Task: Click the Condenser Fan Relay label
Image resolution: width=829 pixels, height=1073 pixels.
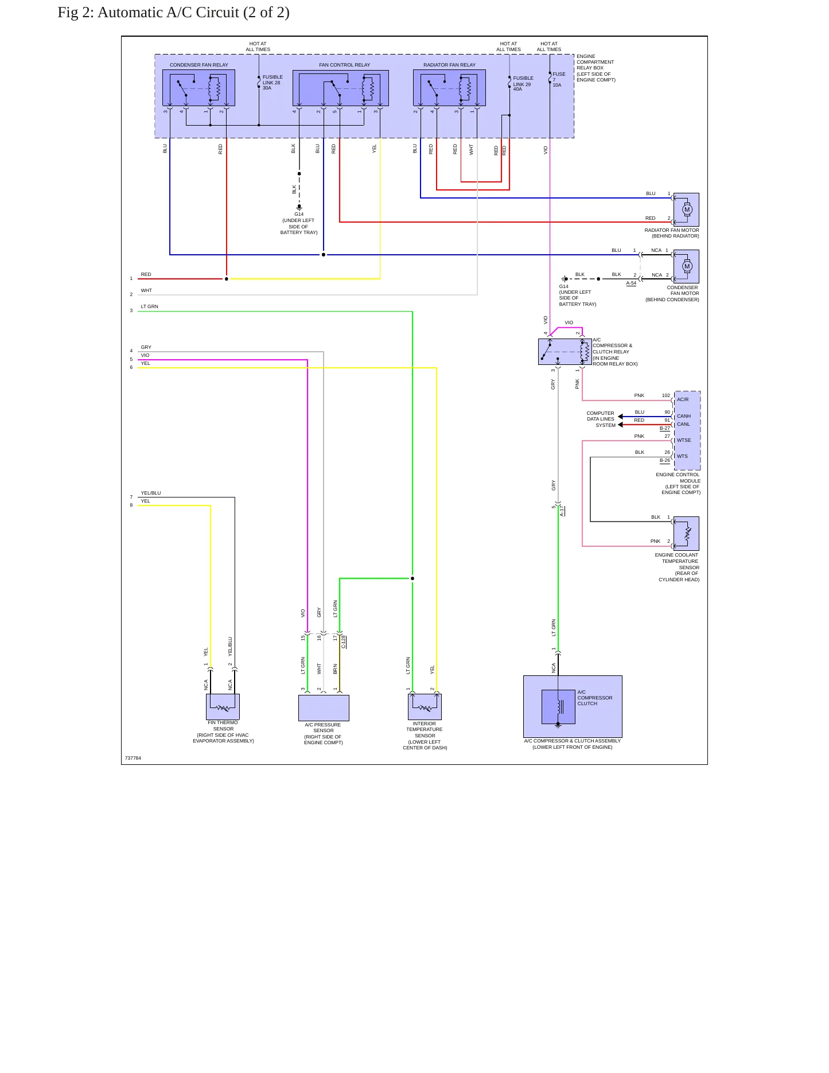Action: (199, 65)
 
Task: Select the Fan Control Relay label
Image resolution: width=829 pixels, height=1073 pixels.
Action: (344, 65)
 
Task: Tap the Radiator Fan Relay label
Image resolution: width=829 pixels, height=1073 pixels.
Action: (449, 65)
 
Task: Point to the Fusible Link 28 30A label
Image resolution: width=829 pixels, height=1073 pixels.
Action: (273, 83)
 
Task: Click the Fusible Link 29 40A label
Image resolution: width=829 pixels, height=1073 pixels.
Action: (523, 84)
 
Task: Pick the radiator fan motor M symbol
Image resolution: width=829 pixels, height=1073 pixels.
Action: (687, 209)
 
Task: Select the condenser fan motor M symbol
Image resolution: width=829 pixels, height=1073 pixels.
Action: (687, 266)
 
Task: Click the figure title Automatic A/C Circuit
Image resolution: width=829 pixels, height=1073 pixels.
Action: (173, 13)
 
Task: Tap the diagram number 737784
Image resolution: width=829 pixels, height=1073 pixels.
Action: (133, 758)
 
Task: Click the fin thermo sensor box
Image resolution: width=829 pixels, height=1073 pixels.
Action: (223, 706)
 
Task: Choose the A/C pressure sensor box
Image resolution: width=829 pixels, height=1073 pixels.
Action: (324, 708)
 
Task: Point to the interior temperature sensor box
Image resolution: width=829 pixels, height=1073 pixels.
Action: (425, 706)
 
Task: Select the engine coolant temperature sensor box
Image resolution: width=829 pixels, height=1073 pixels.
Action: (686, 534)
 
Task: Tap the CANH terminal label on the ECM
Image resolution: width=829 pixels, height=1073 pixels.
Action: (683, 416)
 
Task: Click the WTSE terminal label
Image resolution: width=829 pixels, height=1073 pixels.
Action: (684, 440)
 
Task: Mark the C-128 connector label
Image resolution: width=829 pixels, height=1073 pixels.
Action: (344, 642)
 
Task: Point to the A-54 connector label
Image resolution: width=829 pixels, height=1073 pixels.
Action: (631, 283)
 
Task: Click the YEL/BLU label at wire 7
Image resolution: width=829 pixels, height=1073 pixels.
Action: (151, 493)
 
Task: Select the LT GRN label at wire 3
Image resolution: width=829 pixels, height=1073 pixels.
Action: (149, 306)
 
